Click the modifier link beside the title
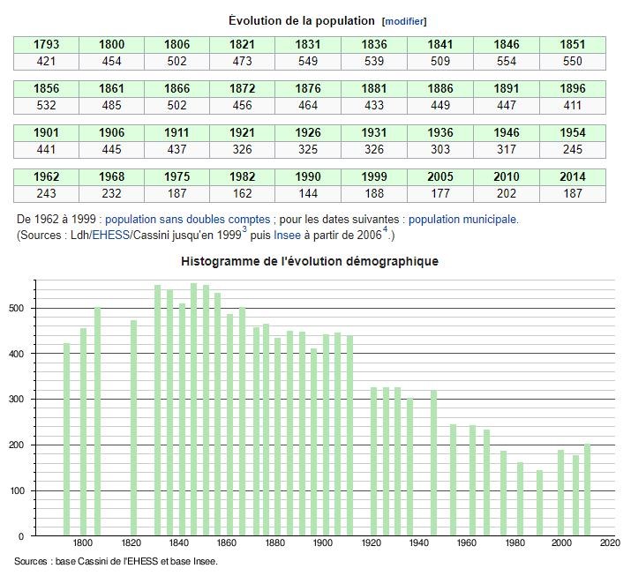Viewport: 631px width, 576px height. click(405, 21)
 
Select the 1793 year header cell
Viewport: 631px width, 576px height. click(46, 44)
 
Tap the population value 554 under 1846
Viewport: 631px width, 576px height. click(507, 61)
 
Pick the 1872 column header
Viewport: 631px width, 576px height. click(243, 88)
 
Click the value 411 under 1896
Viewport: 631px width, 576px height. click(573, 105)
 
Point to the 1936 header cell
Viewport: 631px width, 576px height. click(440, 132)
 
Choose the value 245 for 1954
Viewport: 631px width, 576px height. click(573, 149)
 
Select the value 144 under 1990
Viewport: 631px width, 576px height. click(309, 193)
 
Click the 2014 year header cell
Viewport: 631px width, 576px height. click(573, 176)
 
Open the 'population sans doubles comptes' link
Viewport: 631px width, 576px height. click(175, 219)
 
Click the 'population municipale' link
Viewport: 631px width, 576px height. click(462, 219)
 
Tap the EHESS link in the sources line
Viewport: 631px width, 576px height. click(110, 236)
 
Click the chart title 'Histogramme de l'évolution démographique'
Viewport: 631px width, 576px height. click(309, 261)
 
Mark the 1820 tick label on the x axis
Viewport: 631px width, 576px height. click(131, 544)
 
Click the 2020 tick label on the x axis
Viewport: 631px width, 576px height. click(610, 544)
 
